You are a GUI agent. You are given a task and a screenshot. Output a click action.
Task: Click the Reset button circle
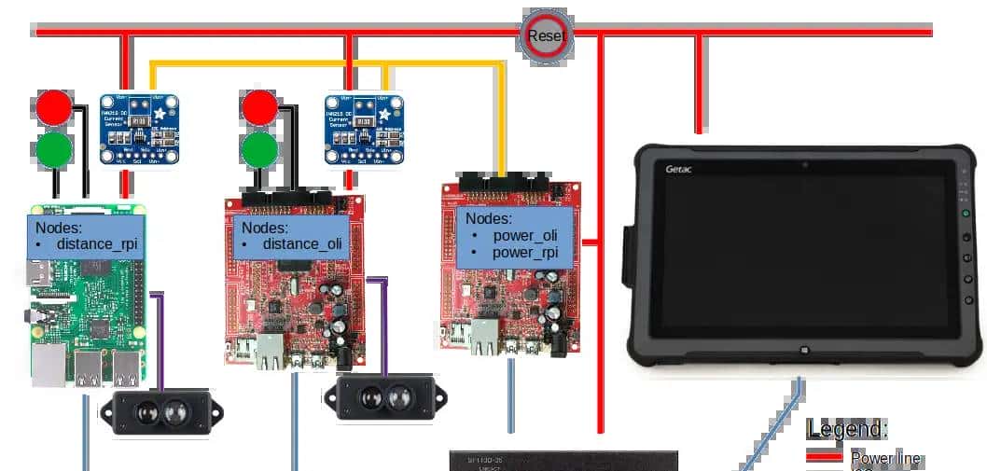546,36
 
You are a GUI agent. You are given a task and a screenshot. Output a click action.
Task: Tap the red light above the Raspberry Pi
54,108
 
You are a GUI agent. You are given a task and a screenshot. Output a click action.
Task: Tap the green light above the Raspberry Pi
54,148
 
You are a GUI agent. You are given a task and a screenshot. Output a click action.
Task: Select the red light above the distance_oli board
260,108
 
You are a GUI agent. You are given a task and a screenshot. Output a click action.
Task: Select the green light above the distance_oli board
260,148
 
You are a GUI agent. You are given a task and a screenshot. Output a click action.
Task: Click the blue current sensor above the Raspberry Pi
140,130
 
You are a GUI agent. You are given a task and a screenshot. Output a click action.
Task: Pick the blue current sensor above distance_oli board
365,130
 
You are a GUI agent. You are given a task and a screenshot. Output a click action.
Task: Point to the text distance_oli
302,244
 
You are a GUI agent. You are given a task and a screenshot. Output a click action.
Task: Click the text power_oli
525,235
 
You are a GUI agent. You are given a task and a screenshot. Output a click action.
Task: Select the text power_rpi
524,252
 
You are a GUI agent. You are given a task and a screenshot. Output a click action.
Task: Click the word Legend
847,429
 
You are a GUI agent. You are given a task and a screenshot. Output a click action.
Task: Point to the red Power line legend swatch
824,458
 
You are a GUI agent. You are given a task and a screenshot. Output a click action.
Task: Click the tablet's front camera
803,166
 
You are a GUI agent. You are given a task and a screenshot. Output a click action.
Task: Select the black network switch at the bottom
563,461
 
